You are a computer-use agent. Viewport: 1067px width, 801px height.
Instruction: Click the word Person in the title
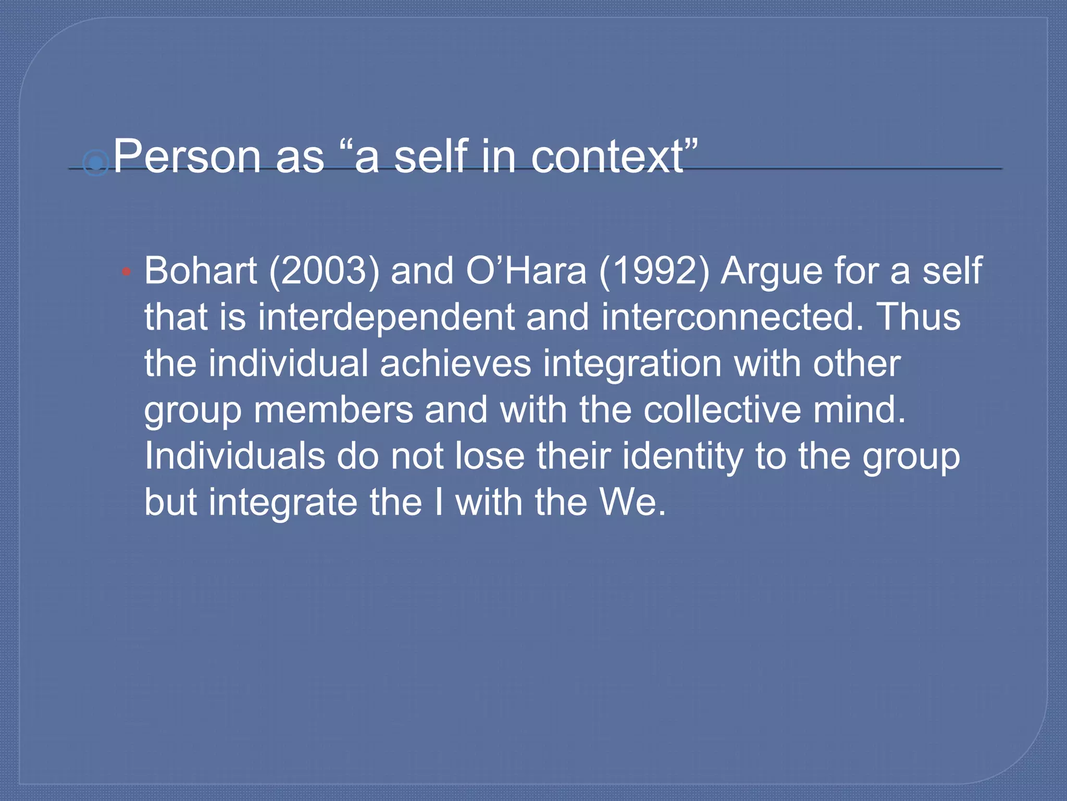click(187, 156)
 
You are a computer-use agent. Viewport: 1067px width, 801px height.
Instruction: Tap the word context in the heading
click(607, 156)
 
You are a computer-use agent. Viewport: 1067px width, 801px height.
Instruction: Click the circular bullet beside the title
click(95, 164)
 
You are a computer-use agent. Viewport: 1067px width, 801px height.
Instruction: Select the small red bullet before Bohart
click(126, 272)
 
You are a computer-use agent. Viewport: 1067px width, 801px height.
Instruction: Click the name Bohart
click(201, 271)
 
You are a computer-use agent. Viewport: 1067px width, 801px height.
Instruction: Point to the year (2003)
click(324, 271)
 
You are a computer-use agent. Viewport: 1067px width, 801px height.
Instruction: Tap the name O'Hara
click(526, 271)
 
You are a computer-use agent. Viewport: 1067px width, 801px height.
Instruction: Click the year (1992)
click(654, 271)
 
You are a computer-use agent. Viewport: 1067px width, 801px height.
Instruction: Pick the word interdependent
click(386, 318)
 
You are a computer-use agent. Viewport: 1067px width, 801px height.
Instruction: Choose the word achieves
click(455, 363)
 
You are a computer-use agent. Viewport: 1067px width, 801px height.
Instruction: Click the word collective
click(722, 410)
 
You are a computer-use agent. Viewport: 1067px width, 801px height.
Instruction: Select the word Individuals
click(234, 456)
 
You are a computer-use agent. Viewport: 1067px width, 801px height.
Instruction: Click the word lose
click(490, 456)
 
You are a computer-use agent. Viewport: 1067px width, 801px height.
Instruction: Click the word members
click(333, 410)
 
